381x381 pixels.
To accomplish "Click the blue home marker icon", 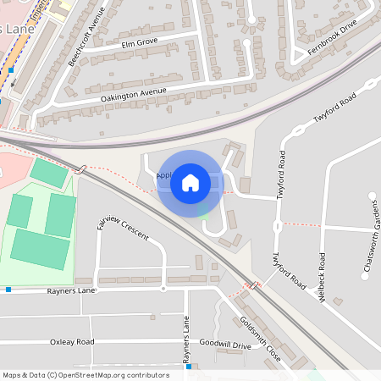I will [190, 182].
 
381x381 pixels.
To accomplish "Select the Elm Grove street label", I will [139, 42].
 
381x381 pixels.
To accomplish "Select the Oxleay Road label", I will [72, 342].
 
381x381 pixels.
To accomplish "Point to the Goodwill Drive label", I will [224, 345].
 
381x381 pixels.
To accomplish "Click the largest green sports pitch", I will [41, 249].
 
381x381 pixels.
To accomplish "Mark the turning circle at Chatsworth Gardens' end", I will [372, 196].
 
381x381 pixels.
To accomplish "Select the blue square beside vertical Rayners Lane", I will [190, 367].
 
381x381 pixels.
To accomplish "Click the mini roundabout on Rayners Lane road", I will [163, 289].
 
